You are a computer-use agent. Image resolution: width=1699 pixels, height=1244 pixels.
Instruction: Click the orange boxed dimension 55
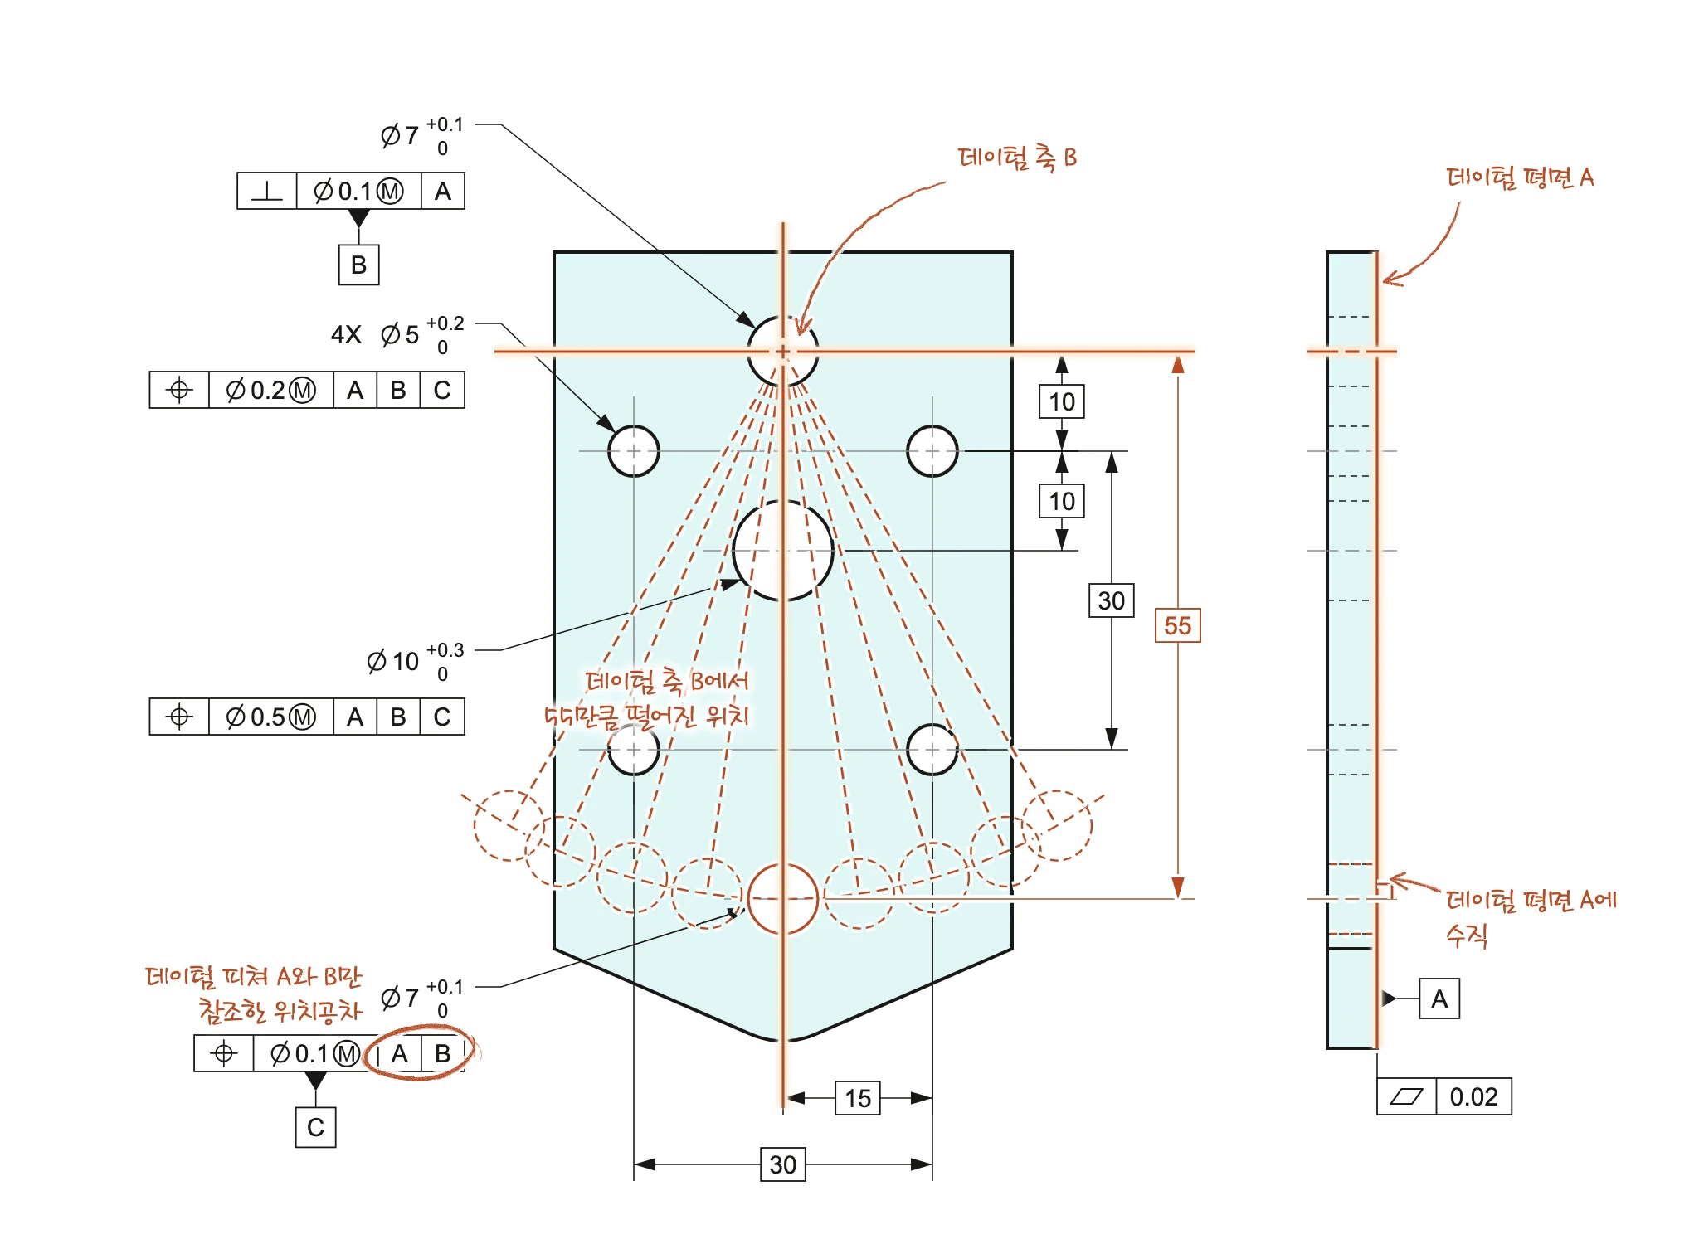(1177, 625)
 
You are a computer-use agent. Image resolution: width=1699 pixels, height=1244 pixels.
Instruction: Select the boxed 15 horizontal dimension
(858, 1098)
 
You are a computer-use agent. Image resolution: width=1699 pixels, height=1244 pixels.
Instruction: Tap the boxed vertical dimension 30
(1111, 600)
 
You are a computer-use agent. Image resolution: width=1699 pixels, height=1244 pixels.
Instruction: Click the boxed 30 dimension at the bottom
(783, 1164)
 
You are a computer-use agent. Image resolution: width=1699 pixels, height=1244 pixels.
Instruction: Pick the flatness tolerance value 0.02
(1473, 1096)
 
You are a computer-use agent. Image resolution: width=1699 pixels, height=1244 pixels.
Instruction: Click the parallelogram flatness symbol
(1406, 1096)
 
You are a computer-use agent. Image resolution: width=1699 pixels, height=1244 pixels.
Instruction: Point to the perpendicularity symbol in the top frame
(266, 192)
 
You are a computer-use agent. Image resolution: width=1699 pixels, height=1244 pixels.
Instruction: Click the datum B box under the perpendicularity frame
(358, 265)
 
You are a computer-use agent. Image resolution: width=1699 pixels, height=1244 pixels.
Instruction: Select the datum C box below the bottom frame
(315, 1127)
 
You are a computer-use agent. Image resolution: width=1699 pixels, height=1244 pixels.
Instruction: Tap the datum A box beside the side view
(1439, 999)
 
